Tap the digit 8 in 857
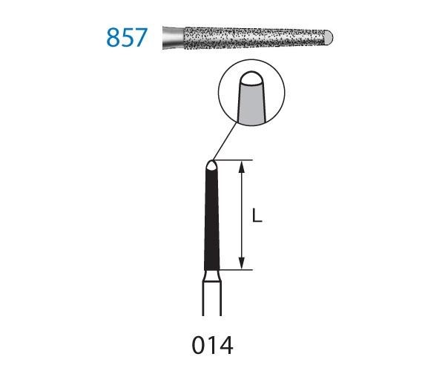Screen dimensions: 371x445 click(x=113, y=37)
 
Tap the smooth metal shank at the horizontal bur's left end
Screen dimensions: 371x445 click(x=171, y=36)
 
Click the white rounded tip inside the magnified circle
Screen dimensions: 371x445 click(x=250, y=79)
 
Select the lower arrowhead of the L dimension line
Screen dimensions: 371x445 click(x=242, y=264)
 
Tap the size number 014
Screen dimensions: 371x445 click(x=212, y=345)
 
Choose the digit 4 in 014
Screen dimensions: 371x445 click(x=228, y=345)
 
